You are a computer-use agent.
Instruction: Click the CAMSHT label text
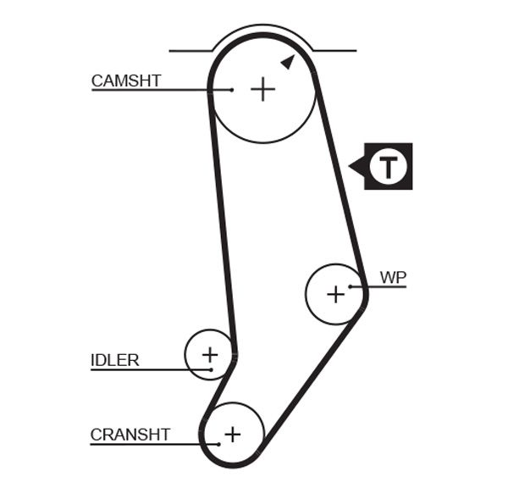pyautogui.click(x=125, y=81)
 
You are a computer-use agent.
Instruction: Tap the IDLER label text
pyautogui.click(x=114, y=360)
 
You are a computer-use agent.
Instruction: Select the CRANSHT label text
pyautogui.click(x=130, y=435)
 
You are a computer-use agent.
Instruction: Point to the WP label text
pyautogui.click(x=393, y=277)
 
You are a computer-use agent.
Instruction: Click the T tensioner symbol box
pyautogui.click(x=387, y=166)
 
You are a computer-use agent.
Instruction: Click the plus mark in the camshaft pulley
pyautogui.click(x=263, y=89)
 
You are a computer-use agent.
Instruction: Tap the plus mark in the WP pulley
pyautogui.click(x=335, y=294)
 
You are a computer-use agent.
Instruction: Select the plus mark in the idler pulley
pyautogui.click(x=209, y=353)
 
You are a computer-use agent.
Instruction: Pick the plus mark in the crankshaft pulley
pyautogui.click(x=232, y=435)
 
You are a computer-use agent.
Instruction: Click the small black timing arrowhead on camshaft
pyautogui.click(x=287, y=61)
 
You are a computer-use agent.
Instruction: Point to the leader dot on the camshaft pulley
pyautogui.click(x=231, y=89)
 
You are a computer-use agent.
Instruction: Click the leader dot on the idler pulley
pyautogui.click(x=209, y=369)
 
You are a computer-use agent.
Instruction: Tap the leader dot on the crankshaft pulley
pyautogui.click(x=218, y=444)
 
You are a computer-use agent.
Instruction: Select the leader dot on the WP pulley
pyautogui.click(x=350, y=286)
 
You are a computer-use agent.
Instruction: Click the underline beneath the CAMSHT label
pyautogui.click(x=152, y=89)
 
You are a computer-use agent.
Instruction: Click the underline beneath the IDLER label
pyautogui.click(x=144, y=369)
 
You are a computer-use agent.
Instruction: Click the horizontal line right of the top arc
pyautogui.click(x=335, y=51)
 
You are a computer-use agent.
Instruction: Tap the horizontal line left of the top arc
pyautogui.click(x=191, y=51)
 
